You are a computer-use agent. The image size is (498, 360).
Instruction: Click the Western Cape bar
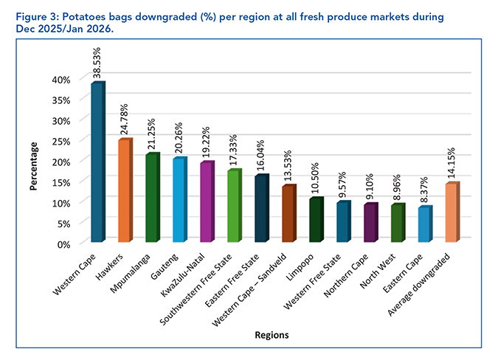97,162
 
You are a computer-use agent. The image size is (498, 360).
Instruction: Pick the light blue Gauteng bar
178,200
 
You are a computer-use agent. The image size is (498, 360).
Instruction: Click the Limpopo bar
315,221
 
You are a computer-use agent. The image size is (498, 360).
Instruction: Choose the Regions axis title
272,335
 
